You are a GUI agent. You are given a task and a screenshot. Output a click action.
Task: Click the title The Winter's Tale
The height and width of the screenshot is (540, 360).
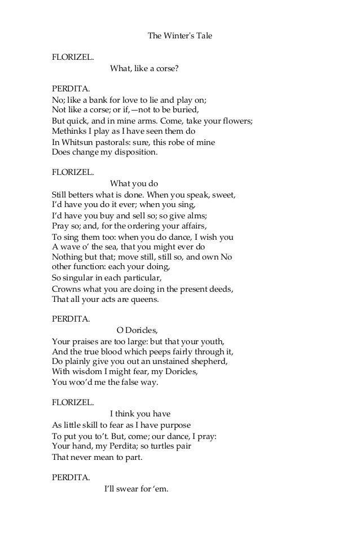(179, 36)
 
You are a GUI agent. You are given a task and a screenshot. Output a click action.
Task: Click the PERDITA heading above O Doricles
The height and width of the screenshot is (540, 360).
(71, 318)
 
